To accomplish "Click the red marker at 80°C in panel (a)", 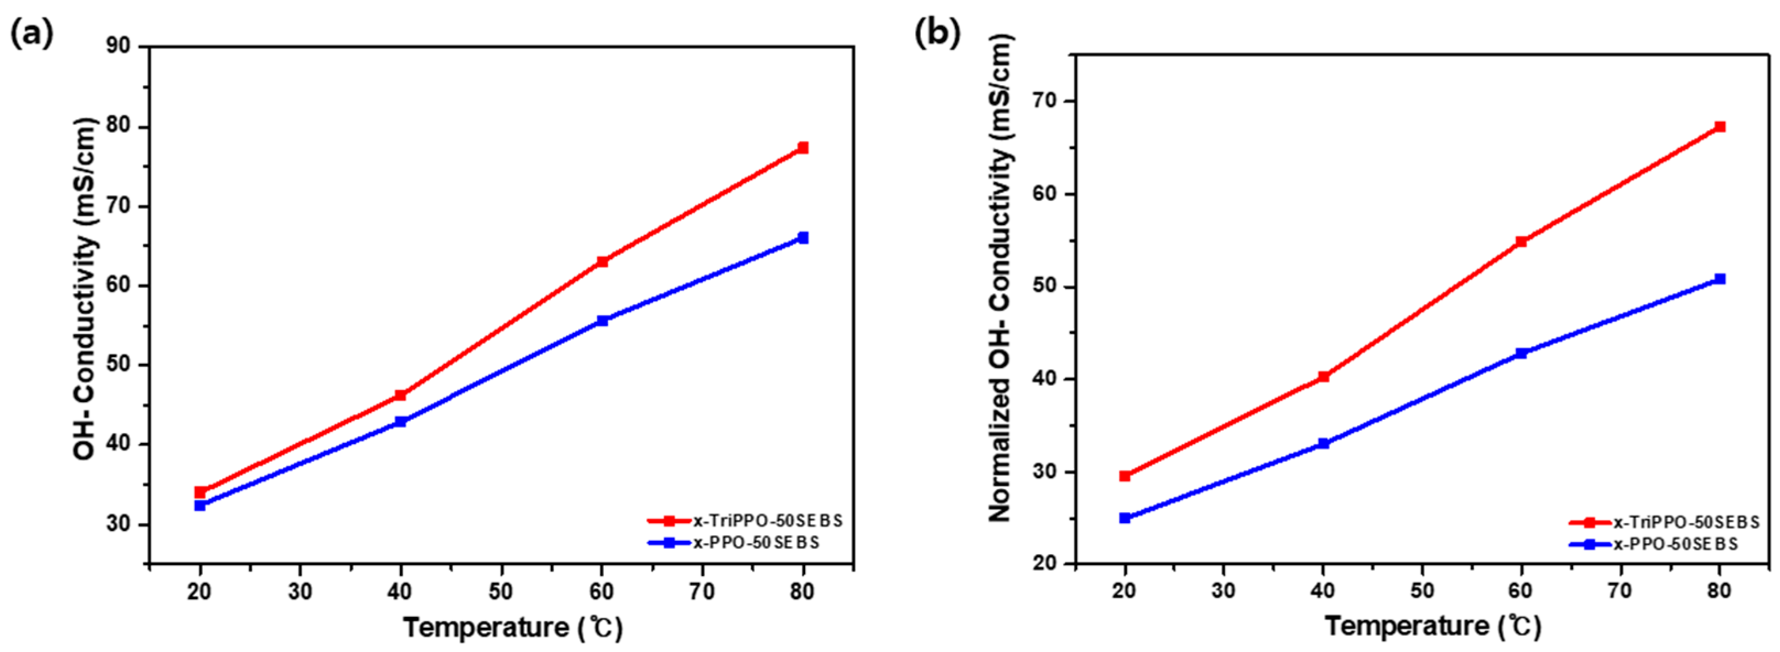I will tap(802, 148).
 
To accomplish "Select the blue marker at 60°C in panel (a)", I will tap(602, 320).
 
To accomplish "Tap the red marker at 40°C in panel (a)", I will tap(400, 395).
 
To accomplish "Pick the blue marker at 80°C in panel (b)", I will tap(1720, 279).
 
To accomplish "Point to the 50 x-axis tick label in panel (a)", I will tap(501, 593).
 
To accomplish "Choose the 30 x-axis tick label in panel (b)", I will tap(1224, 591).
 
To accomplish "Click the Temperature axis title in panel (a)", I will tap(513, 628).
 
